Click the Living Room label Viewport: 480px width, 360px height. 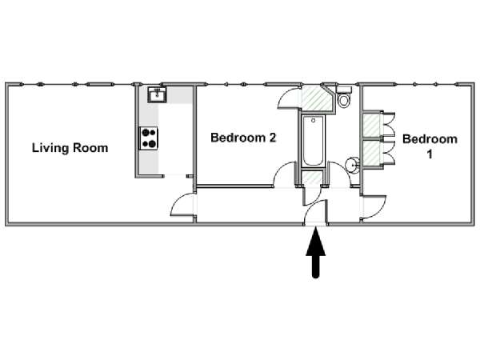70,148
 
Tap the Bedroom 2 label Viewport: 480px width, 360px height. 243,138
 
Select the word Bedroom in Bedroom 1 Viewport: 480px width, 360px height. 430,139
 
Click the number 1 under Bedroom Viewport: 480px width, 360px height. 430,154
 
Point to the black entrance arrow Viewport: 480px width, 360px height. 316,254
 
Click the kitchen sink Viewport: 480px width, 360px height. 158,95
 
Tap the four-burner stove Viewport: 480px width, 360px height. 149,138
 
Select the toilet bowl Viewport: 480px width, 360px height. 344,100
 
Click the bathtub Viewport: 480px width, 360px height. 313,141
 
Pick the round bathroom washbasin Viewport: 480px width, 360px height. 352,166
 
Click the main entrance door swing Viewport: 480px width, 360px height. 315,212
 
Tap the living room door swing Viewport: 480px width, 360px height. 182,205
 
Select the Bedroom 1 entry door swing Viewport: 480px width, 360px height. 374,207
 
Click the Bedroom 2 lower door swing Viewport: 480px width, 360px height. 285,174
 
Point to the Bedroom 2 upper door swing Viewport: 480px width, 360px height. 288,98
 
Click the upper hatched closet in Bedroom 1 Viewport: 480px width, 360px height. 372,126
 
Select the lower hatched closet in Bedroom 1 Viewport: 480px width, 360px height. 372,153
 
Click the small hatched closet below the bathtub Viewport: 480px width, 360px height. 312,178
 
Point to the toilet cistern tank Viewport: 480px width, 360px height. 344,90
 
